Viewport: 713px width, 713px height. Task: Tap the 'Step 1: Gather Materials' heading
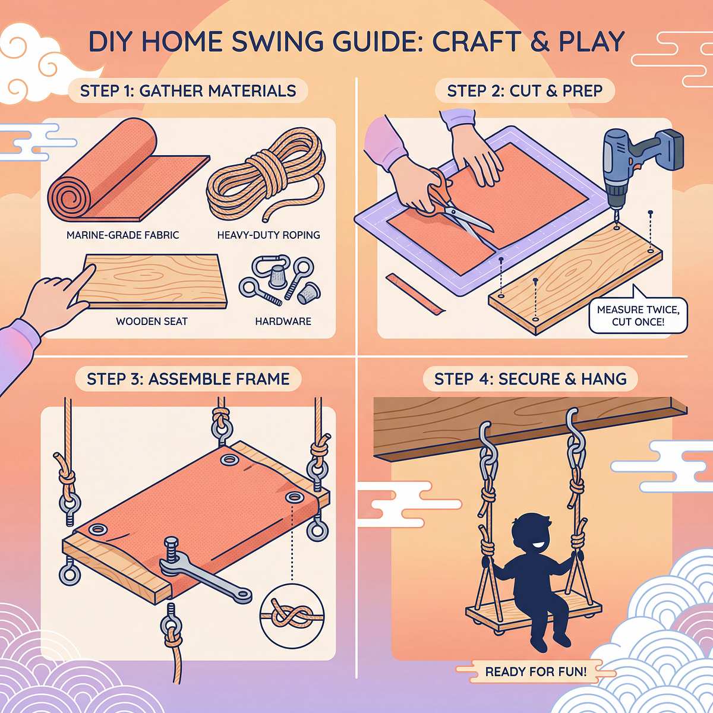coord(188,91)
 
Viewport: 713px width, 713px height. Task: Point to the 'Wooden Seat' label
coord(152,321)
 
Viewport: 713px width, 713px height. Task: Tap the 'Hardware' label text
coord(283,321)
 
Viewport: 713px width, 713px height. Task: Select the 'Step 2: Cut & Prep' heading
coord(525,91)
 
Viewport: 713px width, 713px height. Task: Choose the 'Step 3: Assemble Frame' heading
coord(188,379)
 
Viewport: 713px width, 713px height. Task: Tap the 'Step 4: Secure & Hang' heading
coord(530,379)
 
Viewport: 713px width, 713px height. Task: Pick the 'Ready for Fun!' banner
coord(535,672)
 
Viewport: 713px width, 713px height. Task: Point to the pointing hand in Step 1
coord(56,300)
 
